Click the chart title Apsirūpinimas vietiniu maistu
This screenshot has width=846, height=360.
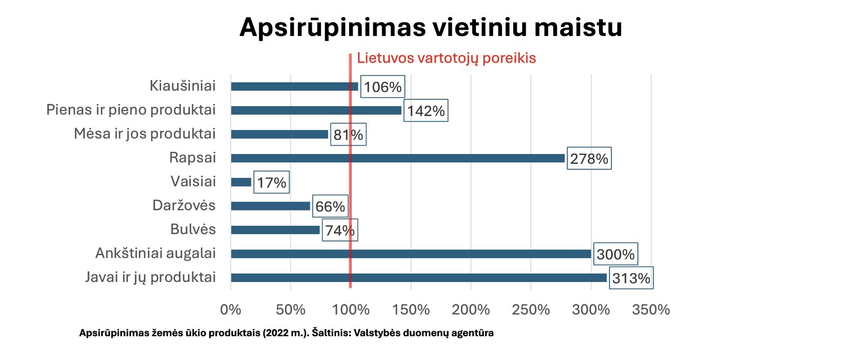(x=430, y=27)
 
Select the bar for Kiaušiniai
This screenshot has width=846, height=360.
(x=294, y=86)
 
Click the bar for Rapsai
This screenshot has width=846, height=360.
(x=398, y=158)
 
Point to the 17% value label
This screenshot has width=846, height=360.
(x=272, y=183)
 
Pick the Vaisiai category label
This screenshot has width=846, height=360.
(x=193, y=182)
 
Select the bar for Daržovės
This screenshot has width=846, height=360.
(x=271, y=206)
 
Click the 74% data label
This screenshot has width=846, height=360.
(x=340, y=230)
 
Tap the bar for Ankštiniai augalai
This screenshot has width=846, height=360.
(x=411, y=254)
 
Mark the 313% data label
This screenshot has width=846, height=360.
(x=631, y=278)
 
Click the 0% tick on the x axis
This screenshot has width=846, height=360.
(x=231, y=310)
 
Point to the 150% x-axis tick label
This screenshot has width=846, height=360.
(x=411, y=310)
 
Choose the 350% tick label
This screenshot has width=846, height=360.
(x=651, y=310)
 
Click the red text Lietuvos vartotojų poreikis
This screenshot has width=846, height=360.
(x=446, y=58)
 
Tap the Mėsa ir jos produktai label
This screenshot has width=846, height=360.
(x=145, y=134)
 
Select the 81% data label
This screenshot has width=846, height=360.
(x=347, y=135)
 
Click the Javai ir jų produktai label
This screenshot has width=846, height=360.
(x=151, y=277)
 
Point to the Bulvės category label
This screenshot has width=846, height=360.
(x=193, y=230)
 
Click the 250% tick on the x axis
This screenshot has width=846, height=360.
(x=531, y=310)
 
